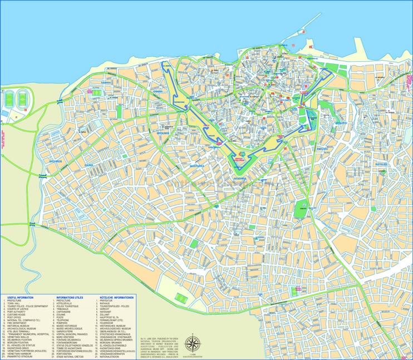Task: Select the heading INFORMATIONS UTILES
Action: coord(70,297)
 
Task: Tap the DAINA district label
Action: coord(89,165)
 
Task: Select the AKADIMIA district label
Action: coord(240,179)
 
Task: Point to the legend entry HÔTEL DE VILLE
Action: coord(66,304)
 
